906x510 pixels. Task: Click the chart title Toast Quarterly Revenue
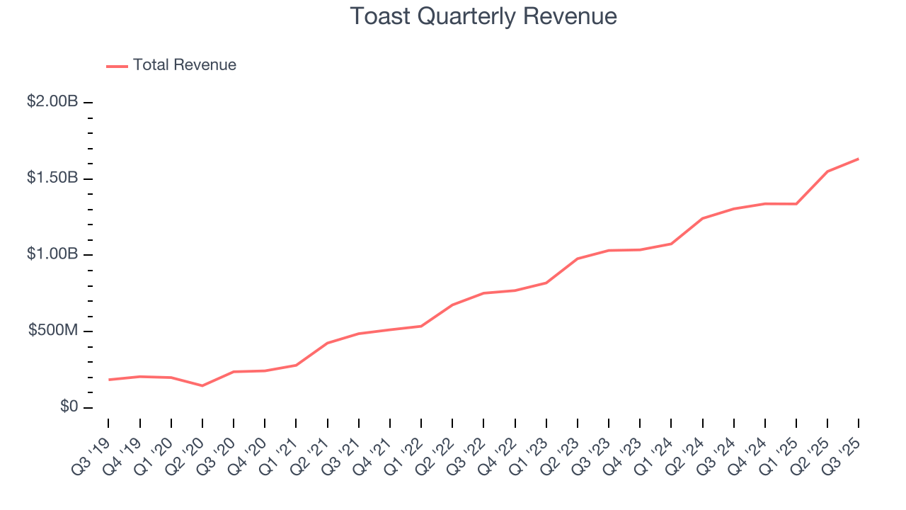click(x=483, y=16)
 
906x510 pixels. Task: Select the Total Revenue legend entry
click(x=184, y=65)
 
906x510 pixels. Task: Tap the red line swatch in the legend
click(x=117, y=66)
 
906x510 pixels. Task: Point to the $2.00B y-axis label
click(x=52, y=102)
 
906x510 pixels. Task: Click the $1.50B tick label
click(x=52, y=178)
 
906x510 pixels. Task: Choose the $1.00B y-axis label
click(x=52, y=254)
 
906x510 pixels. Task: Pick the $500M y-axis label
click(x=53, y=331)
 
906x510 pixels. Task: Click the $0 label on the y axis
click(x=68, y=407)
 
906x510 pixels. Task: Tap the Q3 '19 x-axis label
click(x=93, y=446)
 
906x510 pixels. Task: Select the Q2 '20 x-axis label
click(x=186, y=446)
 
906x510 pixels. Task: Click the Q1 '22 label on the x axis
click(x=405, y=446)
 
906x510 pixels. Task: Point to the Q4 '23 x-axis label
click(x=624, y=446)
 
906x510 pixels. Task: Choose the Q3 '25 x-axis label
click(x=842, y=446)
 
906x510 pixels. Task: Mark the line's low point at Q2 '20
click(x=202, y=385)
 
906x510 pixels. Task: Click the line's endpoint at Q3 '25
click(x=859, y=159)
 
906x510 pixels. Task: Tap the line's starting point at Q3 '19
click(x=109, y=380)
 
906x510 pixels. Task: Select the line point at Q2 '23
click(x=578, y=259)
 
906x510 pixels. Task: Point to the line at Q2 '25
click(x=827, y=171)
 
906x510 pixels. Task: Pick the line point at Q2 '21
click(x=328, y=343)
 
